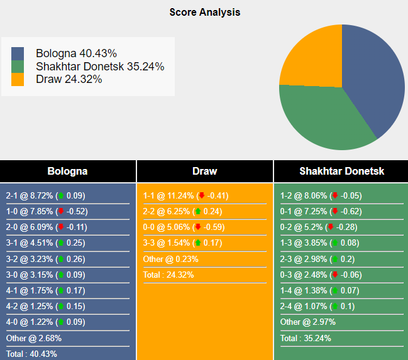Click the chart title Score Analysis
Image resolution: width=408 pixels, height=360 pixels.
[x=204, y=12]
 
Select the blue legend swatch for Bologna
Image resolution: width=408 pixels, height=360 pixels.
[x=18, y=54]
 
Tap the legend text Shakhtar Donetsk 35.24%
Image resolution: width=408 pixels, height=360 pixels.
[x=100, y=67]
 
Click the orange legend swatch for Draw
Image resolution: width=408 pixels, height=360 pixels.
[x=18, y=79]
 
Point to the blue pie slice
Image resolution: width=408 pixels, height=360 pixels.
[x=377, y=75]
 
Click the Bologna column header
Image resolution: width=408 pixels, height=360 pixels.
[x=67, y=171]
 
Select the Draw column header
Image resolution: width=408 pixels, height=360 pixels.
[x=204, y=171]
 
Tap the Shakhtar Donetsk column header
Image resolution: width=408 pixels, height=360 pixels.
[x=341, y=171]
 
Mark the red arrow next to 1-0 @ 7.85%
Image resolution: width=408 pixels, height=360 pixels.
[x=61, y=211]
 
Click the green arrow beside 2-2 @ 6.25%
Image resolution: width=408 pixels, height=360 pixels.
[x=197, y=211]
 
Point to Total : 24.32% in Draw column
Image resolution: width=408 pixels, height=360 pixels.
[x=168, y=275]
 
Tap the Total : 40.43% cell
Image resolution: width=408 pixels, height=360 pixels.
[x=31, y=354]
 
